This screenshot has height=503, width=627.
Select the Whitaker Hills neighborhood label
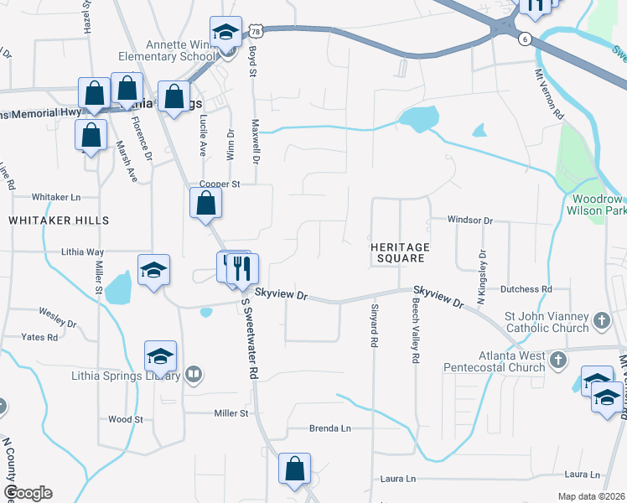59,220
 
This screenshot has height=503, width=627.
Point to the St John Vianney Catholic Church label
547,322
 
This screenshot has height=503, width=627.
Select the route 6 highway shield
525,39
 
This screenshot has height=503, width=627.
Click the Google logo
28,493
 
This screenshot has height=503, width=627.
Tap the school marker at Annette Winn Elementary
225,33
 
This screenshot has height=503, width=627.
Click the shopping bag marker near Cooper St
206,203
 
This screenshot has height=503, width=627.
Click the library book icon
194,374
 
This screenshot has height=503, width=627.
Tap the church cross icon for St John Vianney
601,321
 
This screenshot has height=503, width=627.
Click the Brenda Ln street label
329,428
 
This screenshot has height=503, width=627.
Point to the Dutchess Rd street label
526,289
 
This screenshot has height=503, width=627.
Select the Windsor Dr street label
470,220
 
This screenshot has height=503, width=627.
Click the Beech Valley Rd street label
415,333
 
